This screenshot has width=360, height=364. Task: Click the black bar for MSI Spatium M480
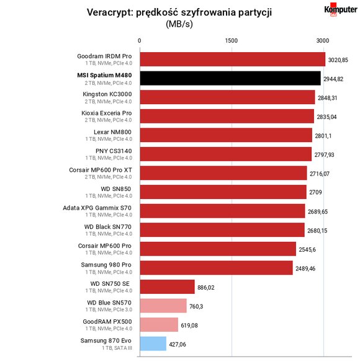[230, 78]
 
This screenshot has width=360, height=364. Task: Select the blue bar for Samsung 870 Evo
[153, 344]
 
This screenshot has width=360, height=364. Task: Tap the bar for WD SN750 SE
[168, 286]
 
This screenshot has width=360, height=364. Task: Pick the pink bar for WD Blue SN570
[163, 306]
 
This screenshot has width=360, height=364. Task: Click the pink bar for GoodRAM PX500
[159, 324]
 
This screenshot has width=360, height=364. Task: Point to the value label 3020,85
[338, 60]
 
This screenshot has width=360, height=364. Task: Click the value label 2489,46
[305, 269]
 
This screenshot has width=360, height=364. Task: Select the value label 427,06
[178, 344]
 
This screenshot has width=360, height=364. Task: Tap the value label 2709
[315, 192]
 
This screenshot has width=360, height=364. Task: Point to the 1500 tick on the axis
[232, 41]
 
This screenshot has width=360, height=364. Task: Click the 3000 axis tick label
[323, 41]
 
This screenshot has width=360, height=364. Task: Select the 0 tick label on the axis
[139, 41]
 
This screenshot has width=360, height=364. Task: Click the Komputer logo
[341, 10]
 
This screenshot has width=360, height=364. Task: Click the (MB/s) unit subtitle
[179, 24]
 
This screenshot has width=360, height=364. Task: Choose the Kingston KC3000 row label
[107, 94]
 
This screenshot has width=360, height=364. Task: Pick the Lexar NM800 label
[113, 132]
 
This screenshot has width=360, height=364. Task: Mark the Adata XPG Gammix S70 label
[97, 208]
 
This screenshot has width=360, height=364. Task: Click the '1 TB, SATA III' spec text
[117, 348]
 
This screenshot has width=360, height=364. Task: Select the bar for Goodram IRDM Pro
[233, 59]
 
